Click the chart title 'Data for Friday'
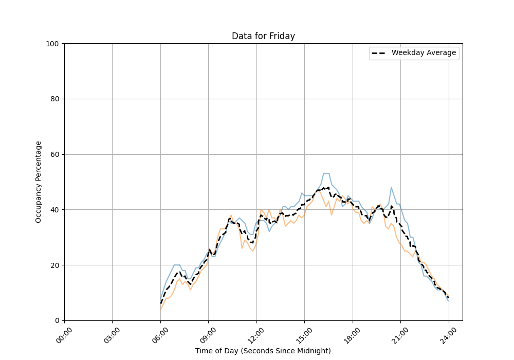[263, 36]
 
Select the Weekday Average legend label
[424, 53]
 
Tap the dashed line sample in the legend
[380, 53]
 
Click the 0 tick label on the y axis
[57, 320]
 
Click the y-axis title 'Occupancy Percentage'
[39, 182]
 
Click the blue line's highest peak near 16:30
[326, 173]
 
